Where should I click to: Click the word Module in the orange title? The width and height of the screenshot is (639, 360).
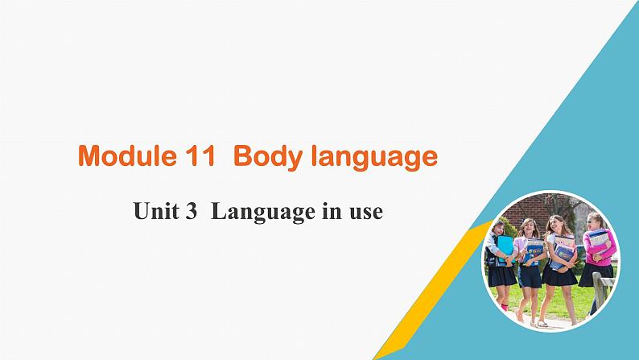pyautogui.click(x=127, y=155)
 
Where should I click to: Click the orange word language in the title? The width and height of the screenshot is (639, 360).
pyautogui.click(x=374, y=158)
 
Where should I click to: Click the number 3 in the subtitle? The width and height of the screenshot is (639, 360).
pyautogui.click(x=191, y=211)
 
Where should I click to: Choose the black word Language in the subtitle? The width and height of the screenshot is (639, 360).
pyautogui.click(x=263, y=213)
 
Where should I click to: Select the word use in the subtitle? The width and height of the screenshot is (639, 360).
pyautogui.click(x=366, y=213)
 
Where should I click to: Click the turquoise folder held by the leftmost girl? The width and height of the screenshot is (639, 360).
pyautogui.click(x=505, y=248)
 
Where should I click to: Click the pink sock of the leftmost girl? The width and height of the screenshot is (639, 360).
pyautogui.click(x=505, y=307)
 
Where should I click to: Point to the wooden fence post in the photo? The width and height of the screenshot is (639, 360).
pyautogui.click(x=599, y=291)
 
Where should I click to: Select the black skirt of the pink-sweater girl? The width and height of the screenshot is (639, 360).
pyautogui.click(x=596, y=275)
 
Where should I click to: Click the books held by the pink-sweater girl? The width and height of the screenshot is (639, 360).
pyautogui.click(x=598, y=241)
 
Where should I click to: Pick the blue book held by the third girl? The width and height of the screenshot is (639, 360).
pyautogui.click(x=563, y=253)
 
